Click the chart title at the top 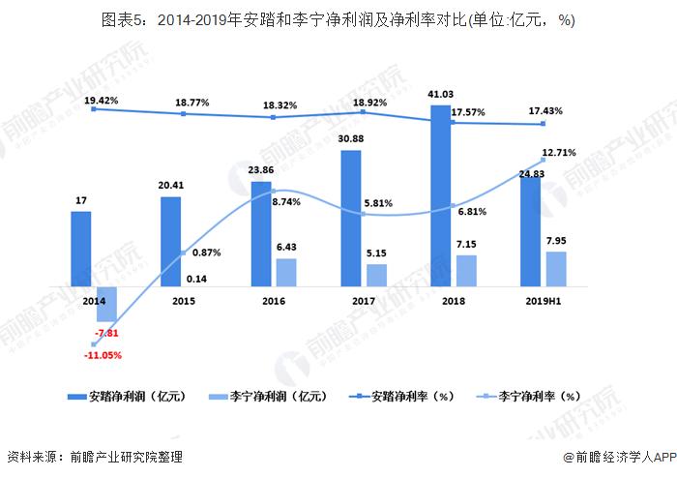coord(338,20)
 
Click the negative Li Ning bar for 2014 coord(106,304)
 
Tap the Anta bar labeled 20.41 coord(170,242)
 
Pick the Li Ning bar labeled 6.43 coord(286,273)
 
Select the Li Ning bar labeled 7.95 coord(556,269)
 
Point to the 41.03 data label coord(440,94)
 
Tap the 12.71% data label coord(560,153)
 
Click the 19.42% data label coord(102,100)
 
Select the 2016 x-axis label coord(274,302)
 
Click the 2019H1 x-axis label coord(544,302)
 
